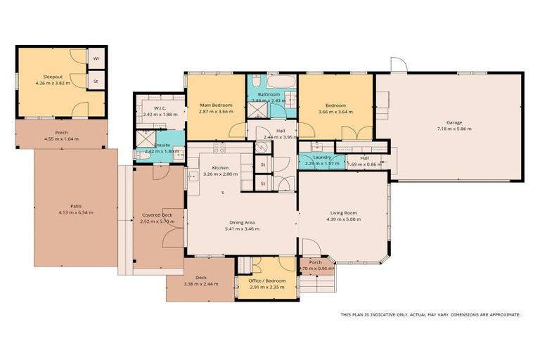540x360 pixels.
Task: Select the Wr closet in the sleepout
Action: point(96,58)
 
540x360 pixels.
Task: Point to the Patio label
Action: point(75,207)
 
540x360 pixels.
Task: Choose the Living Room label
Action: point(344,212)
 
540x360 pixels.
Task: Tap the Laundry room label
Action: point(322,158)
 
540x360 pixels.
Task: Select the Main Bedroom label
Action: point(215,105)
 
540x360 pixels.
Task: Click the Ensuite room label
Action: point(162,146)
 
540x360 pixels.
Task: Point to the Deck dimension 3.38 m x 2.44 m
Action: point(200,284)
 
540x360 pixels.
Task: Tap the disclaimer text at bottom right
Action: point(430,314)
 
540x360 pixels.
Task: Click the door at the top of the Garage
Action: point(399,65)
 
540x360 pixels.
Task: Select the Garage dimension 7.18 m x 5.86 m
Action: point(454,129)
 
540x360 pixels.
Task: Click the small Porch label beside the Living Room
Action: point(315,262)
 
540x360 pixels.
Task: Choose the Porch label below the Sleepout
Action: point(62,133)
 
